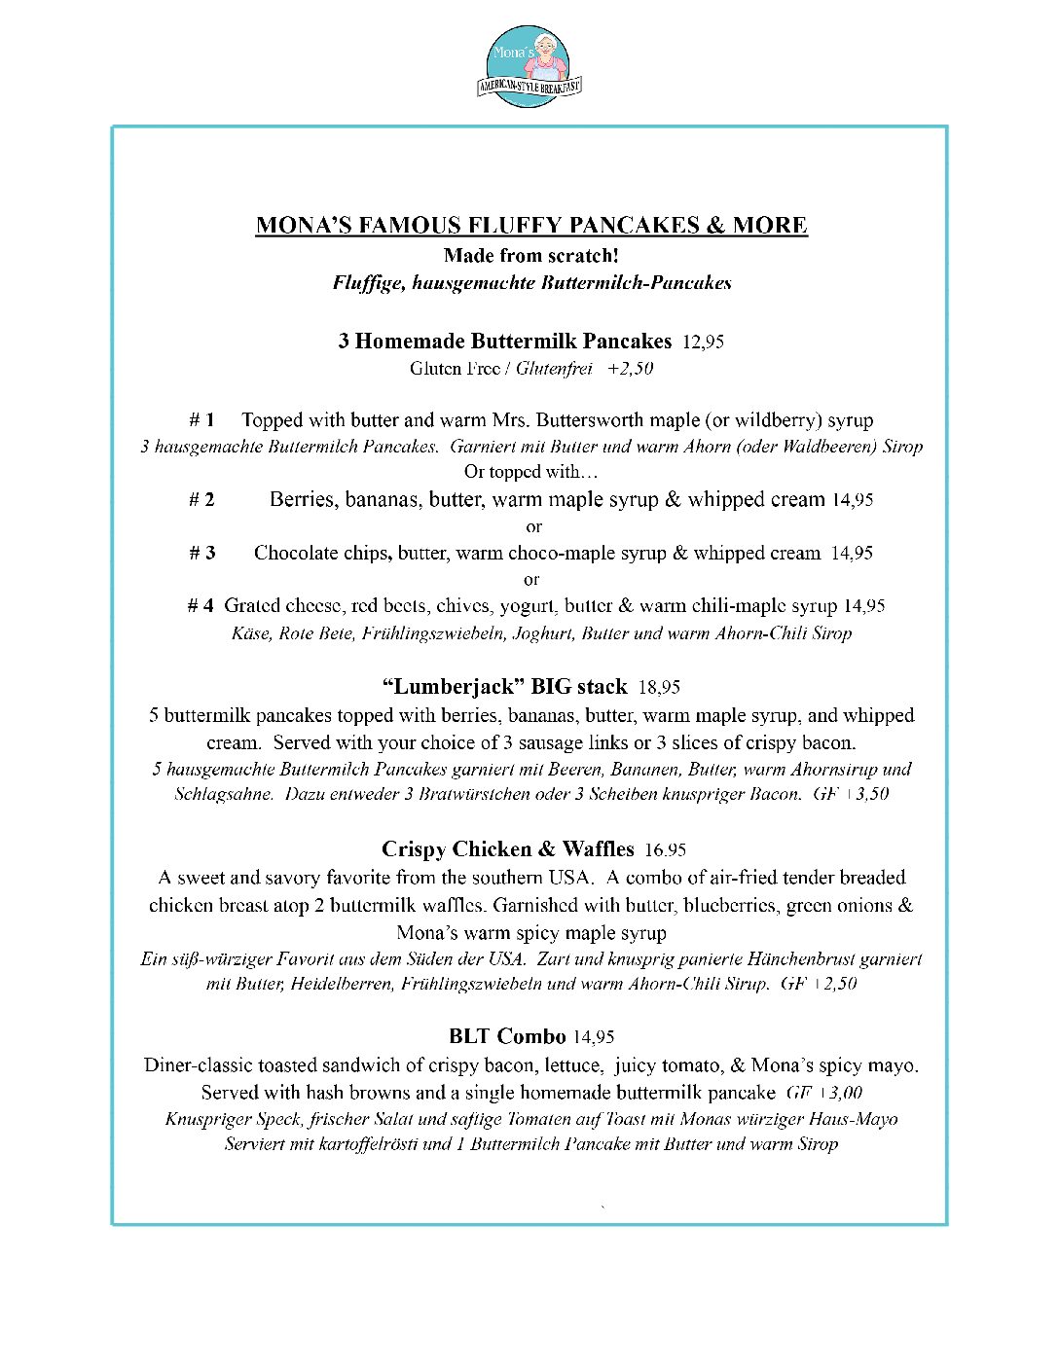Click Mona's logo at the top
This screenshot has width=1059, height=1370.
pyautogui.click(x=529, y=65)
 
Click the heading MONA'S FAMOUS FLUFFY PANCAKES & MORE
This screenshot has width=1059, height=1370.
pyautogui.click(x=531, y=226)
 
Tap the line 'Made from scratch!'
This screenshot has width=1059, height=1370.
pyautogui.click(x=531, y=256)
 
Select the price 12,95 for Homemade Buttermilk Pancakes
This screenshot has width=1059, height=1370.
pyautogui.click(x=703, y=342)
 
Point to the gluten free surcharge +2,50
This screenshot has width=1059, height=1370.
pyautogui.click(x=630, y=369)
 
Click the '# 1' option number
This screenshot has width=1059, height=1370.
pyautogui.click(x=201, y=420)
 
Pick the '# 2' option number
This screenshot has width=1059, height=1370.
pyautogui.click(x=201, y=500)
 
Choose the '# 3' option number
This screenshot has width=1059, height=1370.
pyautogui.click(x=202, y=554)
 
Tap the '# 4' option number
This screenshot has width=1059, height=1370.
pyautogui.click(x=201, y=606)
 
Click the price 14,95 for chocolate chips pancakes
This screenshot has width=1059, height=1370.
pyautogui.click(x=852, y=554)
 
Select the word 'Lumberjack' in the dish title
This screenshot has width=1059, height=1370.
pyautogui.click(x=452, y=687)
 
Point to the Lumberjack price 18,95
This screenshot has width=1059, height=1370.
pyautogui.click(x=659, y=688)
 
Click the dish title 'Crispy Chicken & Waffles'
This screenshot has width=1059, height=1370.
pyautogui.click(x=507, y=849)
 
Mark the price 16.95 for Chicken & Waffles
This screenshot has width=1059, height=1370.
pyautogui.click(x=665, y=850)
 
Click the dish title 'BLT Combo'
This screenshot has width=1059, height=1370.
pyautogui.click(x=507, y=1036)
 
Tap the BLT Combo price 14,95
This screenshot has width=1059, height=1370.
pyautogui.click(x=594, y=1037)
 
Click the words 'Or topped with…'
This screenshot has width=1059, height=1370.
pyautogui.click(x=531, y=472)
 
